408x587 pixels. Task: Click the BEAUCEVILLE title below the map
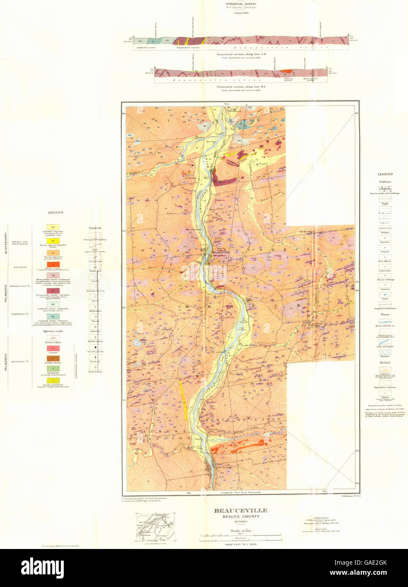(x=240, y=511)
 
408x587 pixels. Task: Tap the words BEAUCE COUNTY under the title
(x=240, y=516)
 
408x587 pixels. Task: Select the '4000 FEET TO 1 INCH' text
(x=240, y=544)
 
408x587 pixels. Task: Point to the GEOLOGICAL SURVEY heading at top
(x=241, y=4)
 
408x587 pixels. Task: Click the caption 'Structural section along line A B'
(x=241, y=54)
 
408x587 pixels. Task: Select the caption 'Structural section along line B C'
(x=241, y=87)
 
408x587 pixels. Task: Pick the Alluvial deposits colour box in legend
(x=53, y=227)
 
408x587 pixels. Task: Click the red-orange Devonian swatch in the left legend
(x=53, y=264)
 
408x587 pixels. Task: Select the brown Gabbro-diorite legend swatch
(x=53, y=359)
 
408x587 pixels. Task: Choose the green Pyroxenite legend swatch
(x=53, y=369)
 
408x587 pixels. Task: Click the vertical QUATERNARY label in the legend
(x=6, y=242)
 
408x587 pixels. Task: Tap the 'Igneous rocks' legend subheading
(x=53, y=331)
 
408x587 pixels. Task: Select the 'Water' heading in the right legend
(x=385, y=315)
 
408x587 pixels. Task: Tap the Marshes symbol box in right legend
(x=385, y=352)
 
